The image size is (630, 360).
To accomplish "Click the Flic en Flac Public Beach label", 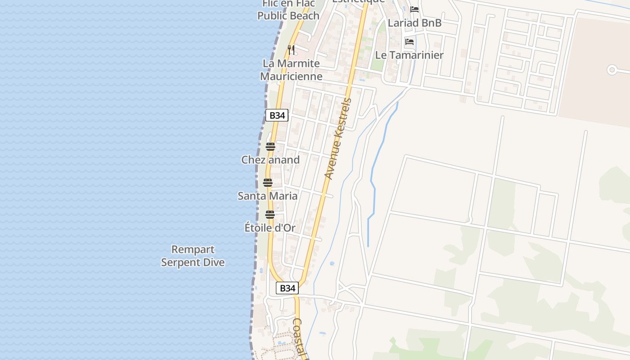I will click(x=288, y=10).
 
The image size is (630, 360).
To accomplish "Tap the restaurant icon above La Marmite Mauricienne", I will click(x=291, y=49).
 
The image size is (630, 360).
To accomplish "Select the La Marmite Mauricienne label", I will click(x=291, y=70).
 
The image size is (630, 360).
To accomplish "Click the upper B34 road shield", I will click(x=277, y=115).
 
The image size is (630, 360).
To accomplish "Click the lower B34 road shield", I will click(x=287, y=288).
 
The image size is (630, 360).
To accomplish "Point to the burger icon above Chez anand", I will click(x=270, y=147).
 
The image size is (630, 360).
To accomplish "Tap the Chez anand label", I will click(x=270, y=160).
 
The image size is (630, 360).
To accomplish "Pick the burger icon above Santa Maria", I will click(x=268, y=183).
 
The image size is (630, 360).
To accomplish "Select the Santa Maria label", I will click(x=268, y=196).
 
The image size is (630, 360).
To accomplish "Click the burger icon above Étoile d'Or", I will click(x=270, y=215).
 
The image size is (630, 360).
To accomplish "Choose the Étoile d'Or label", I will click(x=270, y=228).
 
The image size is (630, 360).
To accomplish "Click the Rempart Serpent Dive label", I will click(x=193, y=256).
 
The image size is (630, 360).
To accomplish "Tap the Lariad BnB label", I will click(x=414, y=22).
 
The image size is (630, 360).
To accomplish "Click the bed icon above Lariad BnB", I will click(x=414, y=9).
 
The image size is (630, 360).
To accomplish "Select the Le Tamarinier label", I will click(x=409, y=55).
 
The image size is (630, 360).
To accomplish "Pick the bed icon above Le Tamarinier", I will click(x=409, y=42).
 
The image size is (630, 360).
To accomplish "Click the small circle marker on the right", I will click(x=612, y=70).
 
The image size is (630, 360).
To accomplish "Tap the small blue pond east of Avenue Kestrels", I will click(x=332, y=264).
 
